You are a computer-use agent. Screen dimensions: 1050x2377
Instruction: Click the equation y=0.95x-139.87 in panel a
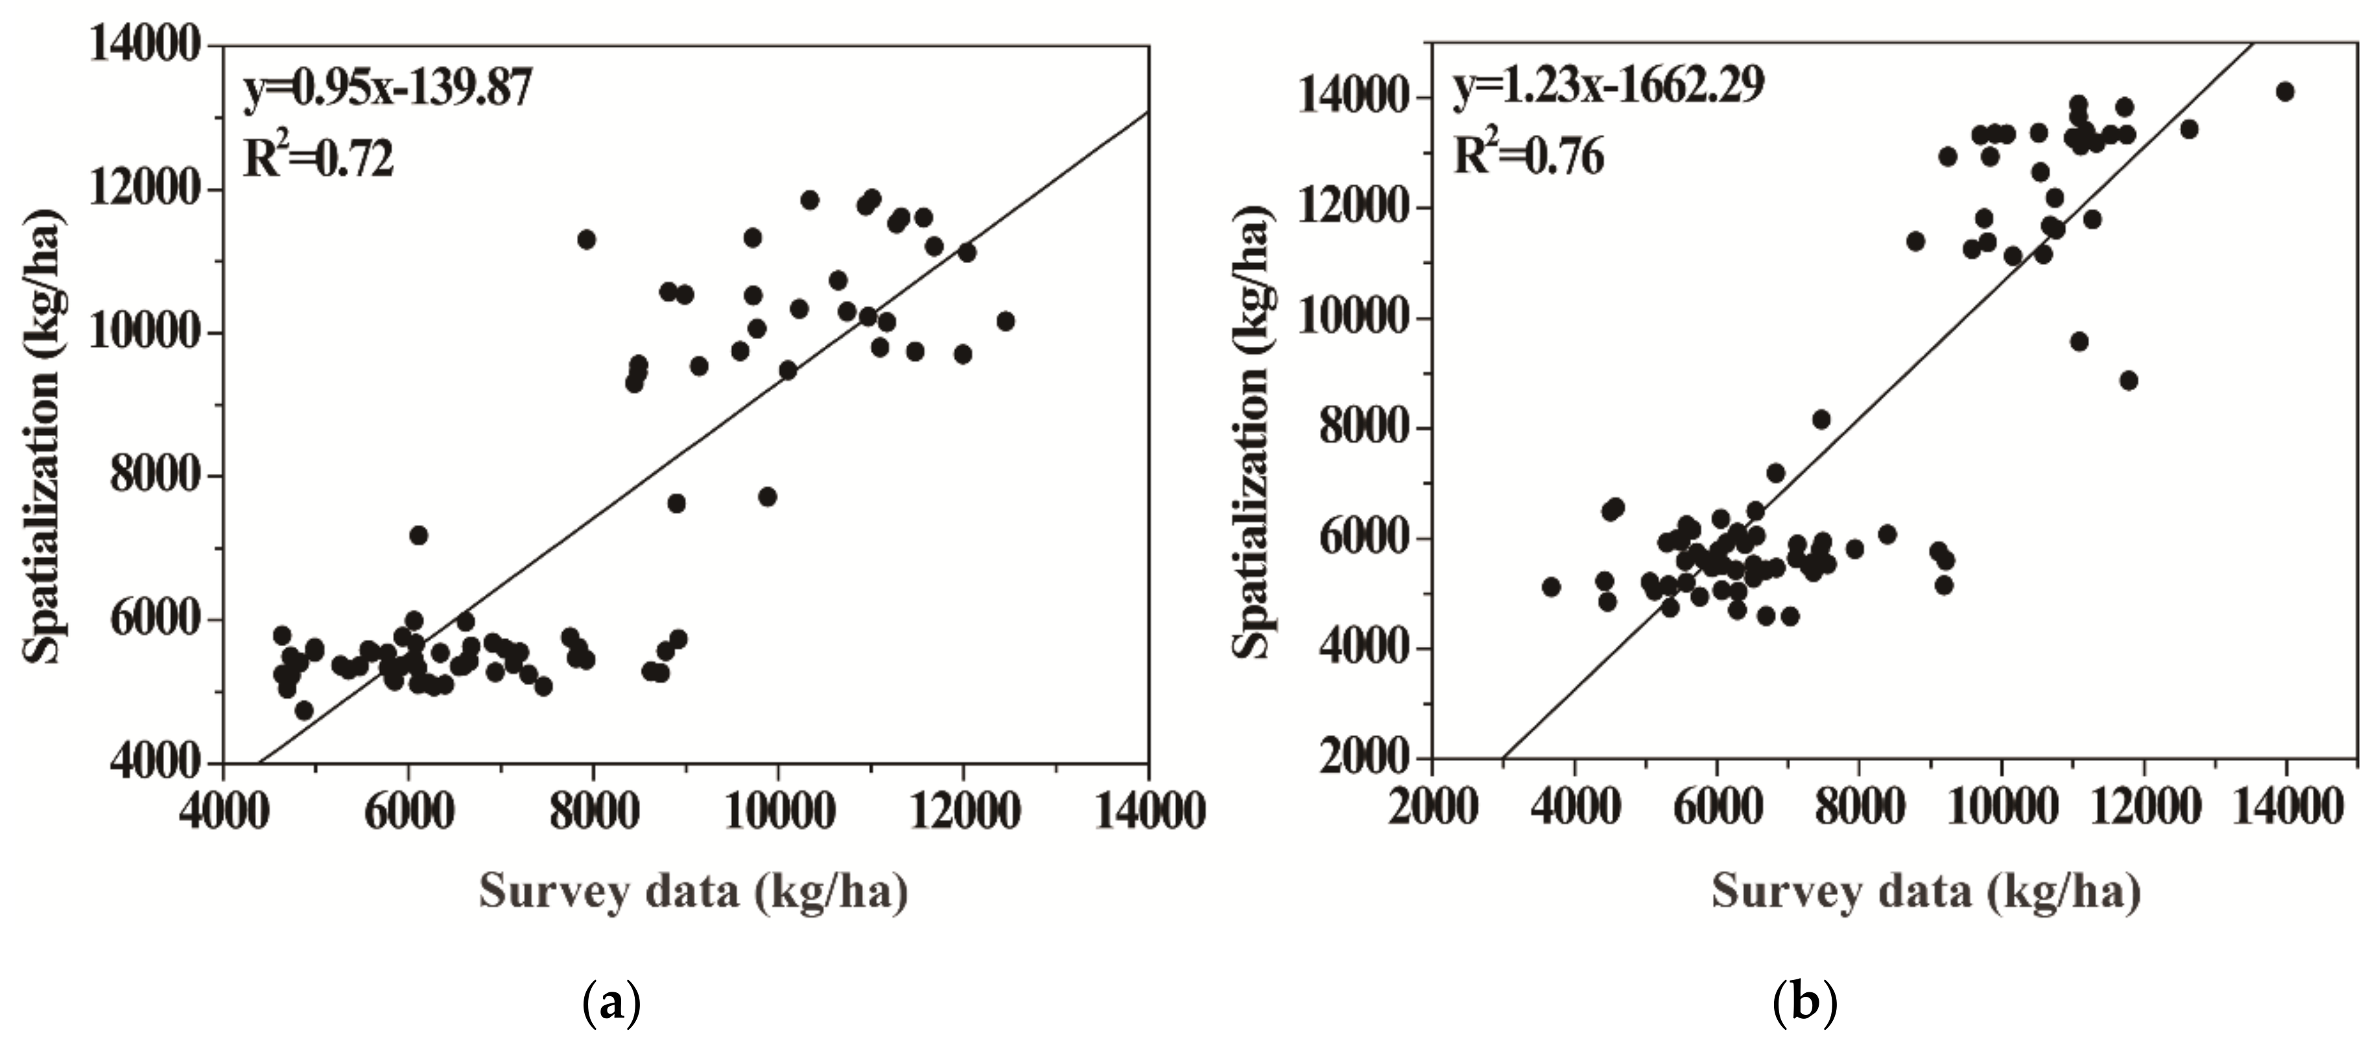(388, 91)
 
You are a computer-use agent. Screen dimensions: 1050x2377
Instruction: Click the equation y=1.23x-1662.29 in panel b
(1609, 86)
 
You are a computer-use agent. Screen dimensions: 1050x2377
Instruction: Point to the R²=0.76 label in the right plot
(1529, 155)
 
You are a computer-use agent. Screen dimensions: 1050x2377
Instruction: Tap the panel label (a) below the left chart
(612, 1004)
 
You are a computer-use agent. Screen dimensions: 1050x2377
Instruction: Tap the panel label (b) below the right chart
(1805, 1004)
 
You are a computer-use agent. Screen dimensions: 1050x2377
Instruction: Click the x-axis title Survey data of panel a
(693, 891)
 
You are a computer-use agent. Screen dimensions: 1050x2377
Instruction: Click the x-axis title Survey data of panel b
(1926, 891)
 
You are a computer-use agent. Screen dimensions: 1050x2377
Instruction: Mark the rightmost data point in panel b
(2285, 91)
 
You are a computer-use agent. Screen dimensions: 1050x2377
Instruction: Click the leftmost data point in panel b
(1550, 587)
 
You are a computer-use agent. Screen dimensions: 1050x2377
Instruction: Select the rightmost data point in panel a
(1006, 321)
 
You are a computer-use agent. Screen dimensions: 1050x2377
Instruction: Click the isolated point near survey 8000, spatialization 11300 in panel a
(586, 240)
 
